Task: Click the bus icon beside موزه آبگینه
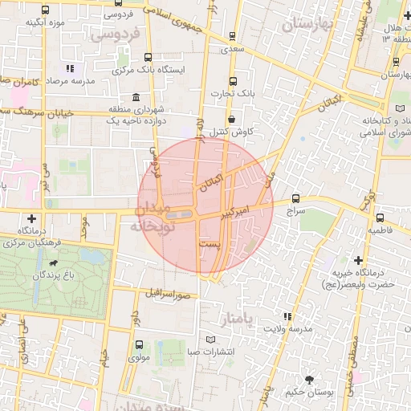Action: [x=46, y=10]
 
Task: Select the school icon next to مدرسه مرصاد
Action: [x=70, y=69]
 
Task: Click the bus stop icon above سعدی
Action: [x=233, y=36]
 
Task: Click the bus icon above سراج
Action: [x=296, y=197]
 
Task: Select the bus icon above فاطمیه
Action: [x=380, y=217]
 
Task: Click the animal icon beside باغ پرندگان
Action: [x=53, y=262]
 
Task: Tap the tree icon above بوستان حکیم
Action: [x=309, y=379]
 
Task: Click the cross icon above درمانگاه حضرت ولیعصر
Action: [x=358, y=260]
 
